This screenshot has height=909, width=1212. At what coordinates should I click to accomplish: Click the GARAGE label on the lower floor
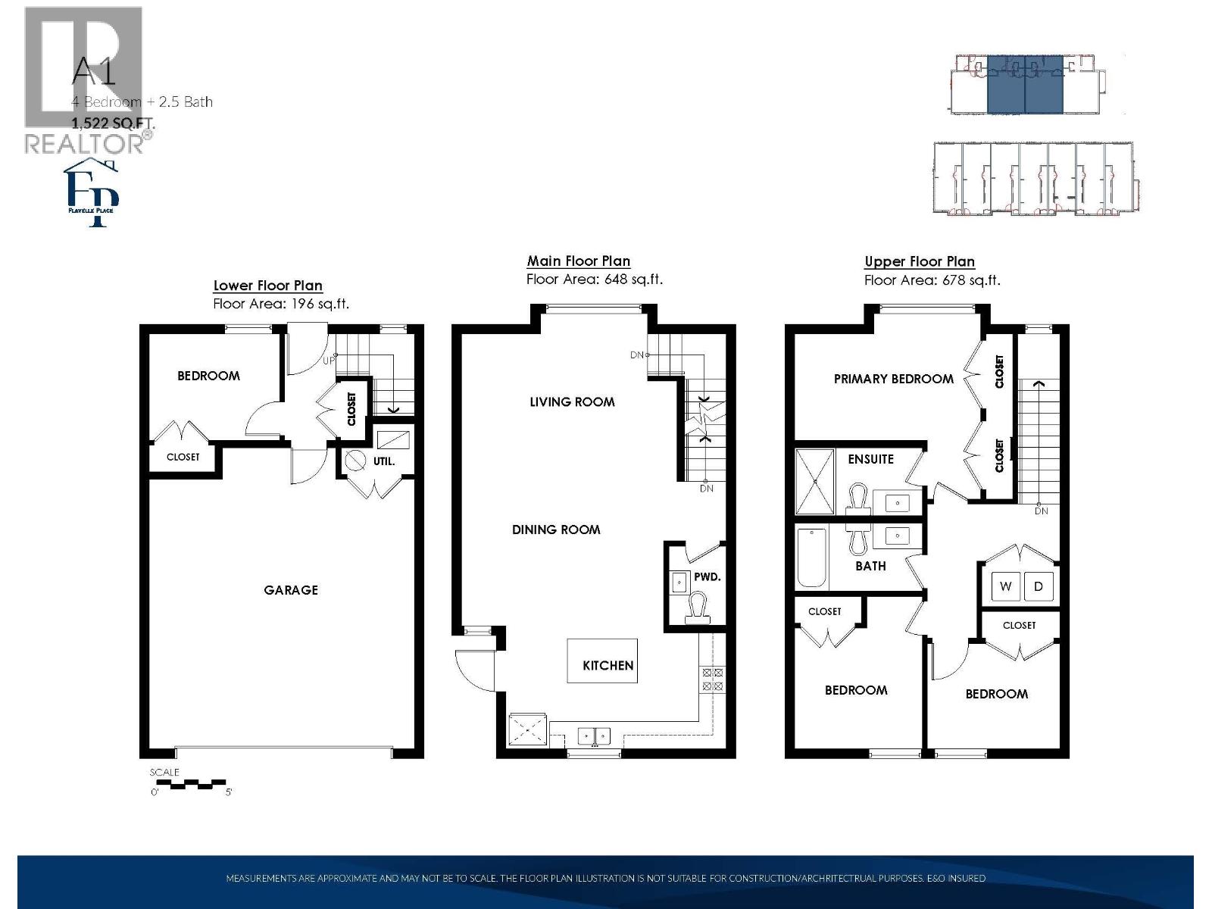(x=291, y=590)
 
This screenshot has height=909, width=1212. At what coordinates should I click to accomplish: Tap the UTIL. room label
(x=383, y=461)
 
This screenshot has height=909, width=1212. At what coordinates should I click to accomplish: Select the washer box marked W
(x=1005, y=586)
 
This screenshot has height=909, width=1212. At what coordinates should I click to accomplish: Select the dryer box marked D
(x=1039, y=586)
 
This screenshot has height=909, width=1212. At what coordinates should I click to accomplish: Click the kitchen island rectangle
(x=602, y=661)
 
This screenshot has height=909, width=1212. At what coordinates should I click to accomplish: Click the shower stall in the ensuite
(x=814, y=482)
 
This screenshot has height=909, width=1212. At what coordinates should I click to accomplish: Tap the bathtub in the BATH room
(x=812, y=558)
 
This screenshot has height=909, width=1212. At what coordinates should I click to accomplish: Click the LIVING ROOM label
(x=572, y=402)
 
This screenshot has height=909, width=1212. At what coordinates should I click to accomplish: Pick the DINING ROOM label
(x=556, y=530)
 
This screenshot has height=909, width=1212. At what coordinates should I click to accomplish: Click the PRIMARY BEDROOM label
(x=893, y=379)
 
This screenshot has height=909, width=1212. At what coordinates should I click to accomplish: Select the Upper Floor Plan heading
(x=920, y=261)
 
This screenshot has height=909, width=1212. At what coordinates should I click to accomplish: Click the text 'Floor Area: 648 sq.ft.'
(x=595, y=280)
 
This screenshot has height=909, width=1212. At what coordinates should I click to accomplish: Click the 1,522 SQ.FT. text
(x=113, y=122)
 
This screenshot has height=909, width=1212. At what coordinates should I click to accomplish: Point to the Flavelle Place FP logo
(x=92, y=193)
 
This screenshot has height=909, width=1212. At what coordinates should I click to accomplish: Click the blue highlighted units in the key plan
(x=1025, y=83)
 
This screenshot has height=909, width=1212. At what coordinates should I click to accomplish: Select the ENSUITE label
(x=870, y=459)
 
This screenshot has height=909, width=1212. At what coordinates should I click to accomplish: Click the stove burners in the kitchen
(x=712, y=679)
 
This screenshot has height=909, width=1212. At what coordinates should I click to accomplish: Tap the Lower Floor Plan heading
(x=268, y=286)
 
